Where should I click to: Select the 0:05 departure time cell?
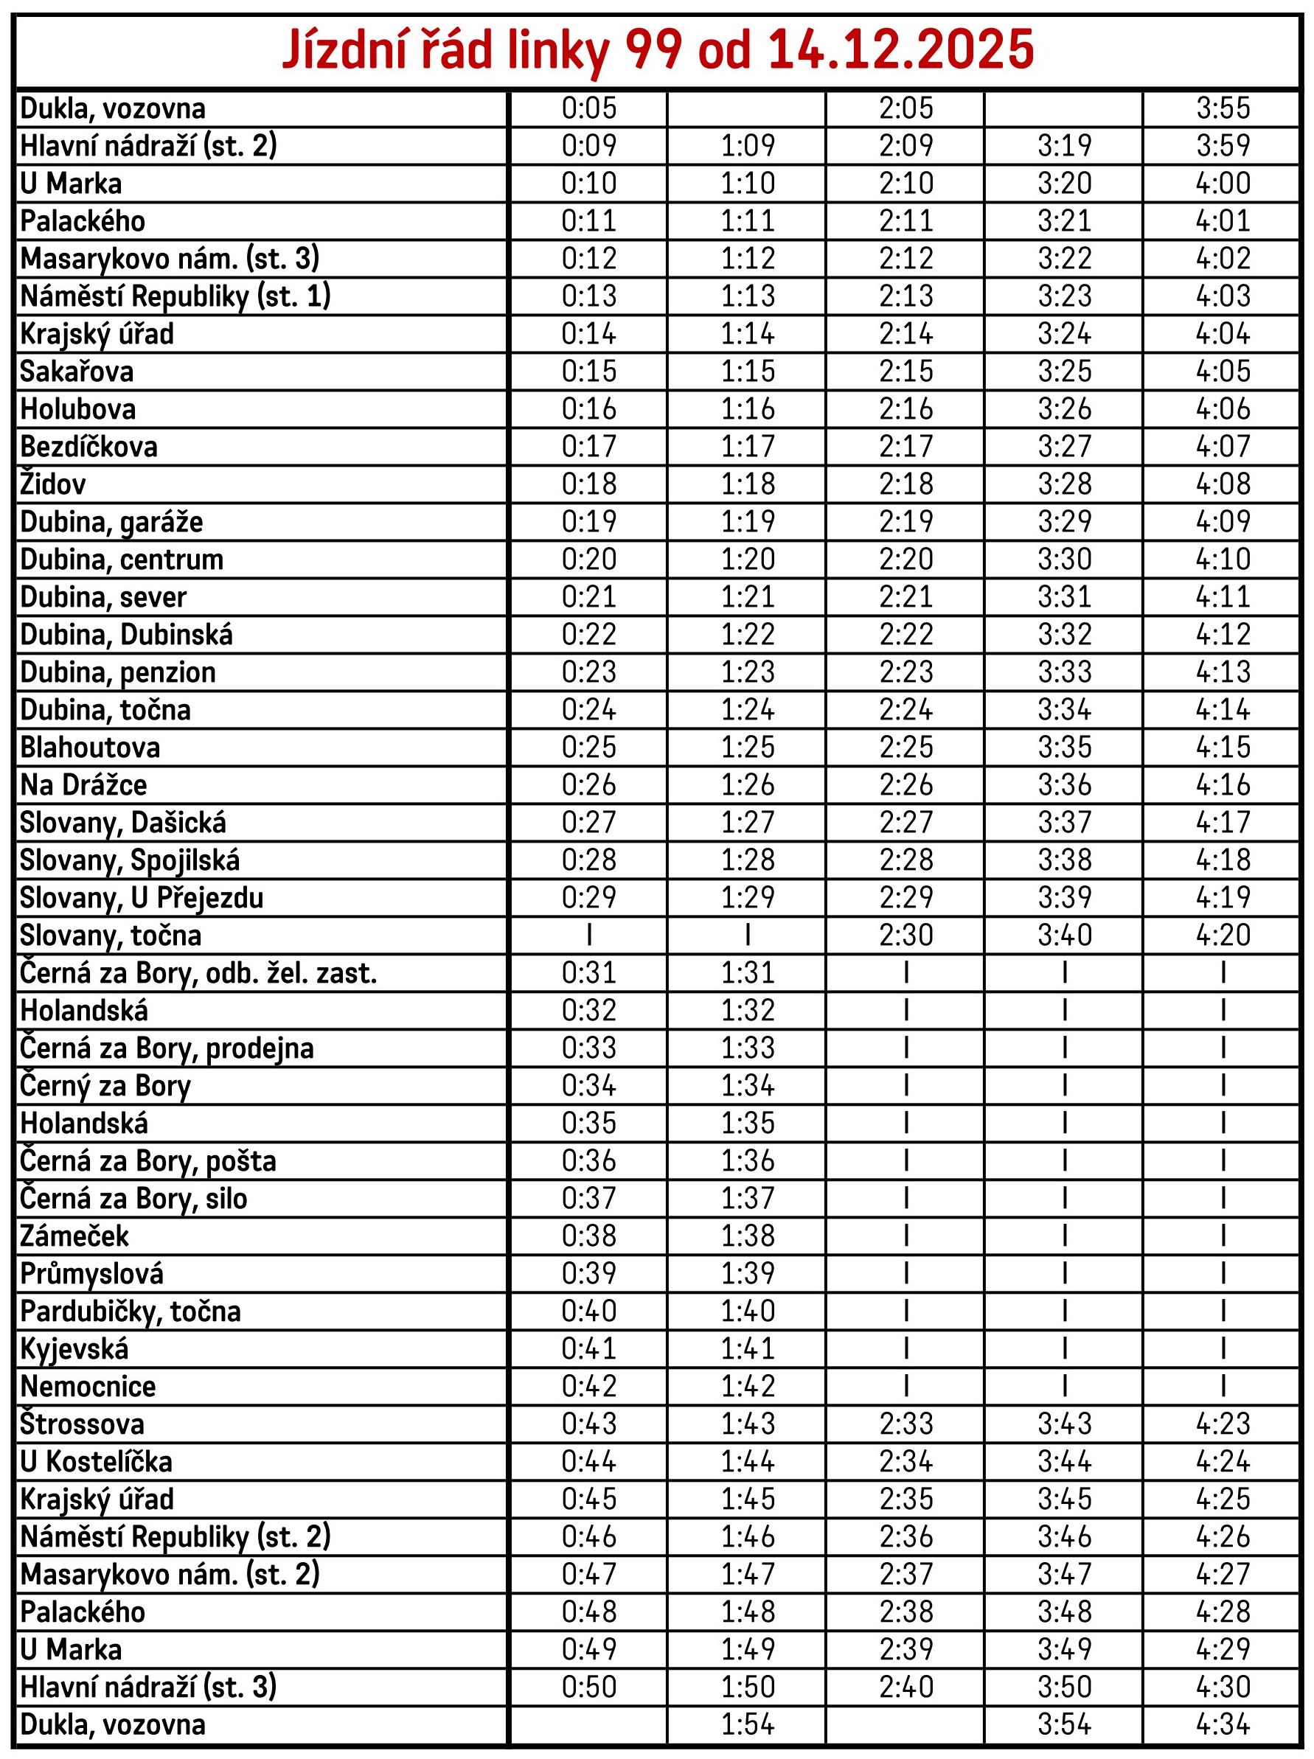pyautogui.click(x=588, y=108)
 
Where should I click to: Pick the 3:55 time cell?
pyautogui.click(x=1223, y=108)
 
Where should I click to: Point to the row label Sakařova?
pyautogui.click(x=77, y=372)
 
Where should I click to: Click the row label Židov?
pyautogui.click(x=53, y=484)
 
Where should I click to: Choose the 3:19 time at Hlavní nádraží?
pyautogui.click(x=1064, y=145)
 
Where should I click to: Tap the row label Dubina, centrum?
pyautogui.click(x=122, y=560)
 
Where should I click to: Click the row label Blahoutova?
pyautogui.click(x=90, y=748)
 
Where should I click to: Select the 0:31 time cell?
pyautogui.click(x=588, y=972)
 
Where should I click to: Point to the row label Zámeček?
pyautogui.click(x=74, y=1236)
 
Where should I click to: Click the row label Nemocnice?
pyautogui.click(x=88, y=1387)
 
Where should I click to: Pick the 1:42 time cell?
pyautogui.click(x=748, y=1387)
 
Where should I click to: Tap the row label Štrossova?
pyautogui.click(x=82, y=1424)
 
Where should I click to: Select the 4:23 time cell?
pyautogui.click(x=1223, y=1424)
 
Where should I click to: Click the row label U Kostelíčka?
pyautogui.click(x=97, y=1462)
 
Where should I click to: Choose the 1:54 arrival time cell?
pyautogui.click(x=748, y=1725)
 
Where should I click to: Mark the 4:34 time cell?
pyautogui.click(x=1223, y=1725)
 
